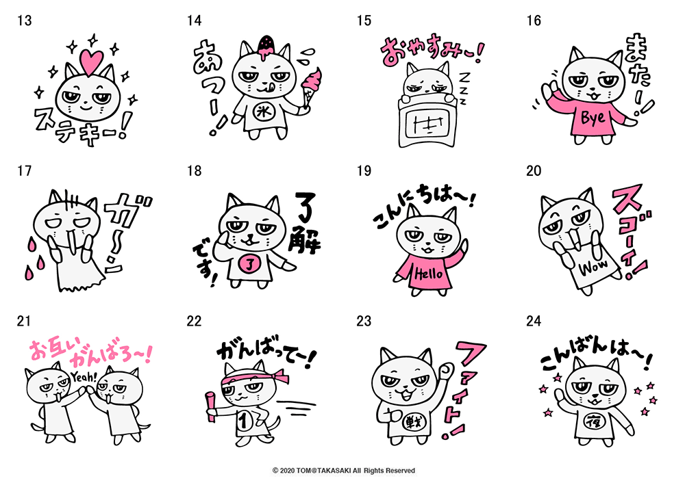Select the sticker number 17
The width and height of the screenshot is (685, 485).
coord(24,171)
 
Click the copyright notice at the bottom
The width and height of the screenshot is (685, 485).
coord(343,471)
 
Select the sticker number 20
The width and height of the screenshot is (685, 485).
coord(534,171)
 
